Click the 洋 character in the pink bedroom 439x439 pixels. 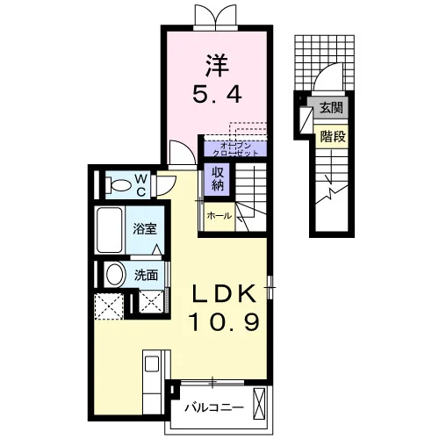coord(218,66)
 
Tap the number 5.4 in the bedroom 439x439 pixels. coord(218,94)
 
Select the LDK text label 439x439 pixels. coord(224,294)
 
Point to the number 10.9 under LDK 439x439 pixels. coord(225,321)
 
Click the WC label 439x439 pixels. coord(141,184)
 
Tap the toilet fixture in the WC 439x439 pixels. coord(118,185)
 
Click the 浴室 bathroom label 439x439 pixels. coord(145,228)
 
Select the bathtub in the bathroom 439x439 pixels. coord(110,230)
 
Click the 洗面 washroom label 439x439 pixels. coord(146,276)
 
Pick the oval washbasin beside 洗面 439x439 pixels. coord(114,275)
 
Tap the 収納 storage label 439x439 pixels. coord(218,178)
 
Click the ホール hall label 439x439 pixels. coord(219,216)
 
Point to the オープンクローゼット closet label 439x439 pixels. coord(235,149)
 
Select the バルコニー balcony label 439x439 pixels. coord(214,407)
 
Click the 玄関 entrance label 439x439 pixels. coord(331,108)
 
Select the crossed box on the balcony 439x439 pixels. coord(259,403)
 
